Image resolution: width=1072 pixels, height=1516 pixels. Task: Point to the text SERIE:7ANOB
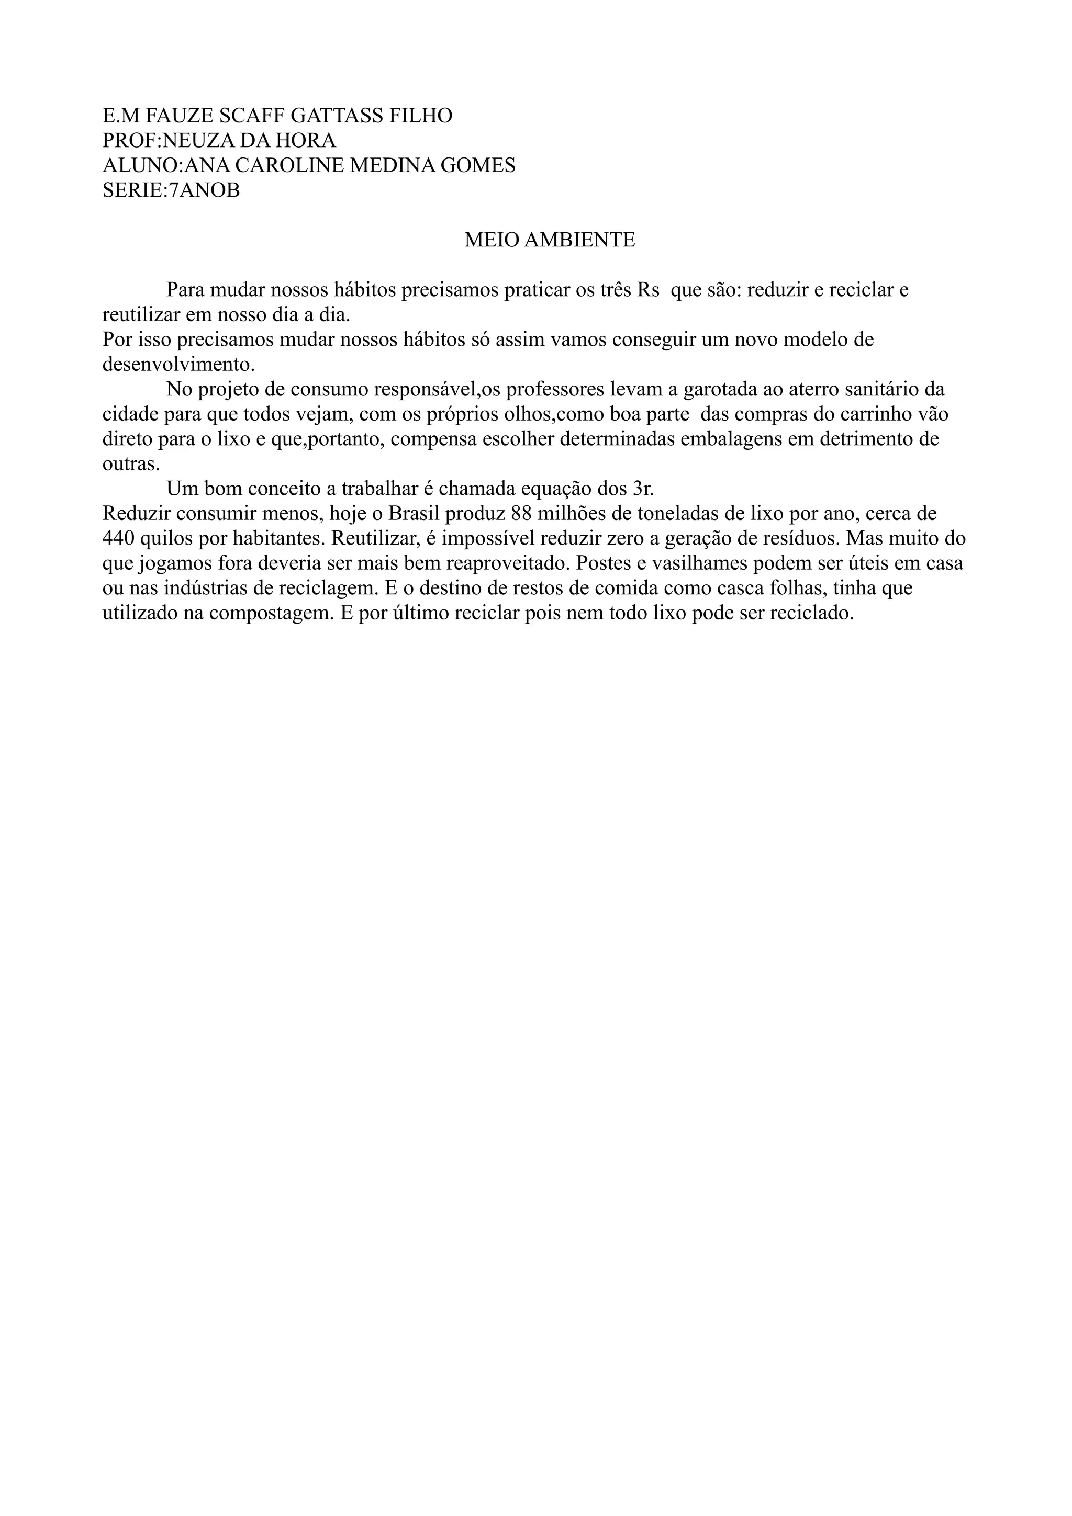[171, 190]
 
